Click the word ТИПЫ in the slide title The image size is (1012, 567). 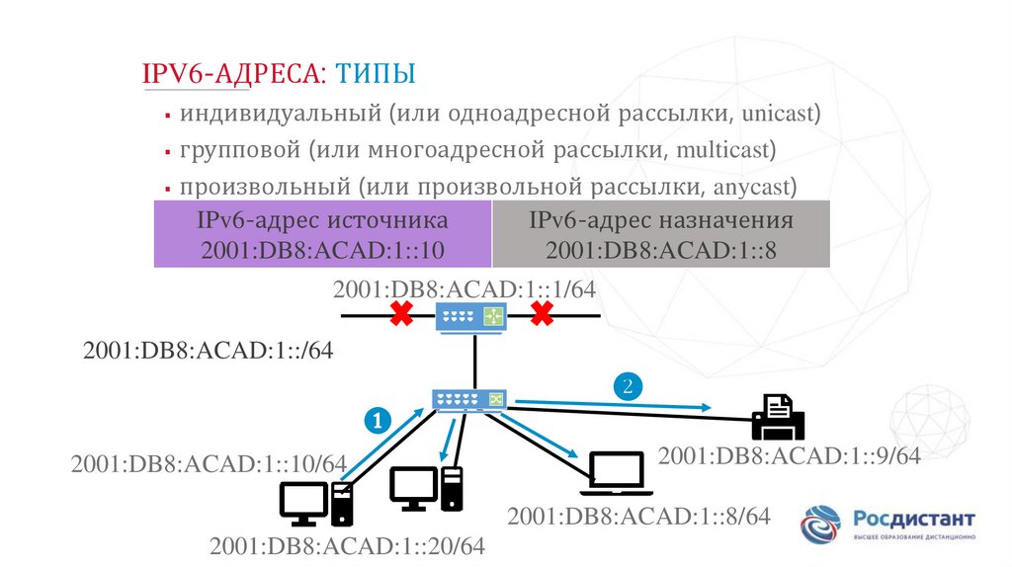[x=376, y=73]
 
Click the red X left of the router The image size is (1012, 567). [x=400, y=315]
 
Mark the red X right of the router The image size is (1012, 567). [x=542, y=315]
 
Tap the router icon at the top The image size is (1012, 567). [x=470, y=316]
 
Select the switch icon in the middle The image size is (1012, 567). [x=469, y=400]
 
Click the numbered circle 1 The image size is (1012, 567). [x=378, y=421]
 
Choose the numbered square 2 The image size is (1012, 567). [x=627, y=385]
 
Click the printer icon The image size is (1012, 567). [x=778, y=416]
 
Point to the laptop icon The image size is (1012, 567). [x=615, y=474]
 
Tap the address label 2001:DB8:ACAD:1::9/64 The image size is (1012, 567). [x=790, y=455]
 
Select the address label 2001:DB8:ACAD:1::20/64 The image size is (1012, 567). [x=348, y=545]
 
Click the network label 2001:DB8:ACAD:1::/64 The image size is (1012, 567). [x=208, y=351]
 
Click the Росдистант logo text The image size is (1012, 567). [x=914, y=519]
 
